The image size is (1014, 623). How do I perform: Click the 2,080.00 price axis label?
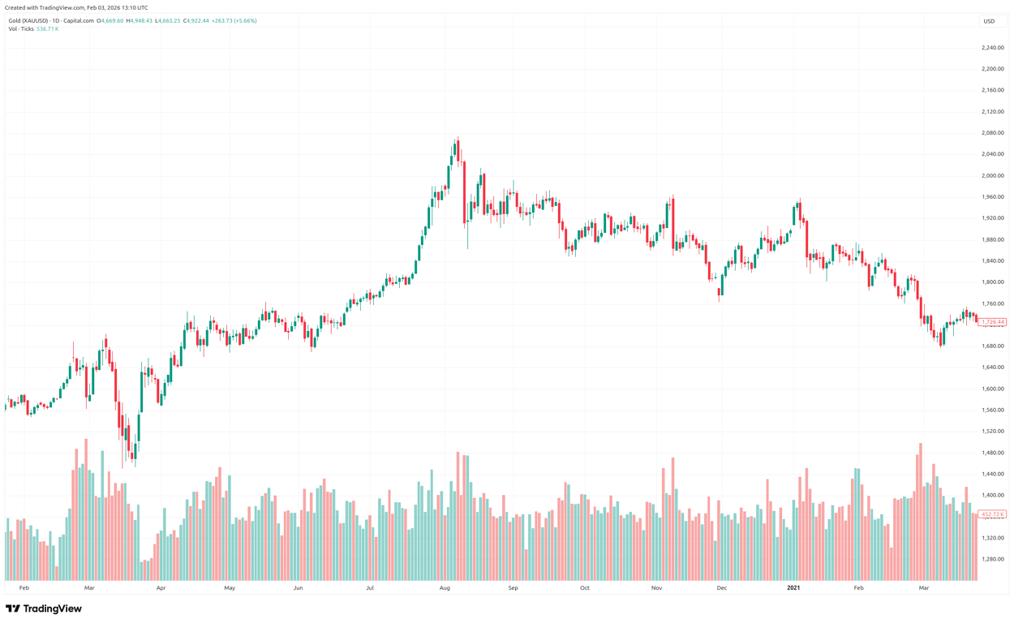[992, 133]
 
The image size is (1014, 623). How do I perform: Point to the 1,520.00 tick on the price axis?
[992, 432]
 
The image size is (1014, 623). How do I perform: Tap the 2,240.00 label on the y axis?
[992, 48]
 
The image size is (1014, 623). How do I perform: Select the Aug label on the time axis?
[445, 587]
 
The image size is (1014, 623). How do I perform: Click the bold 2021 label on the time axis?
[793, 587]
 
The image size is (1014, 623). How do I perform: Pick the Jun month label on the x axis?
[298, 587]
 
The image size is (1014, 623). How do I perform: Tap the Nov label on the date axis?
[656, 587]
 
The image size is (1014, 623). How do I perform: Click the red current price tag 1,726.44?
[992, 322]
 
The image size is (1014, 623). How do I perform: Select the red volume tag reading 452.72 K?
[992, 514]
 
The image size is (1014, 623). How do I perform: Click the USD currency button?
[989, 21]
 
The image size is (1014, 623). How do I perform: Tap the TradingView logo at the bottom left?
[44, 608]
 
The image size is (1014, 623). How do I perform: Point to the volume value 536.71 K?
[48, 29]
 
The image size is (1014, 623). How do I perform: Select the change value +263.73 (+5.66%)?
[234, 21]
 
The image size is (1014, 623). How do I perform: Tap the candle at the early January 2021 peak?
[799, 209]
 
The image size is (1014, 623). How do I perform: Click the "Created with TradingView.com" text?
[76, 7]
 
